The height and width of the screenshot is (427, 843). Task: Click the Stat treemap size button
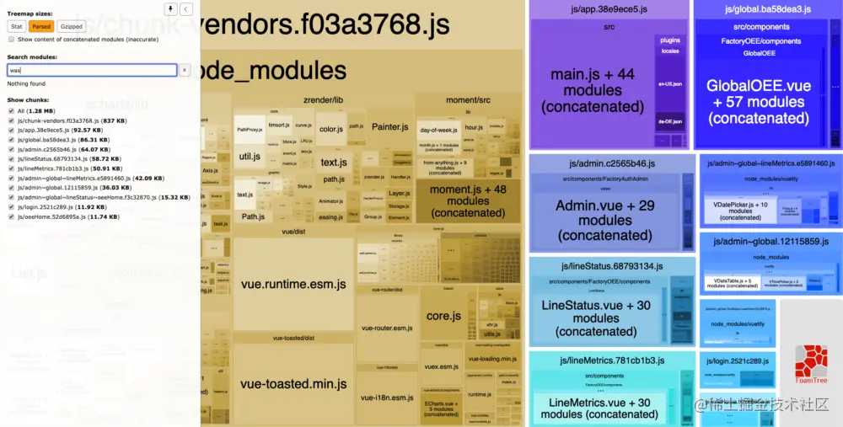(x=17, y=26)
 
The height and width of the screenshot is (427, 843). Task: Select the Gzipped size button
(x=72, y=26)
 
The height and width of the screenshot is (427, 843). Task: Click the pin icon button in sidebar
(x=171, y=9)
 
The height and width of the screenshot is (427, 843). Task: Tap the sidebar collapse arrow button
(x=186, y=9)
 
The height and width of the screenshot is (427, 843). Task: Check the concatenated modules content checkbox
(x=11, y=40)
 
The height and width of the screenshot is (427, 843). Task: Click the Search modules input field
(x=91, y=70)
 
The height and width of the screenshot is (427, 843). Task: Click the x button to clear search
(x=185, y=70)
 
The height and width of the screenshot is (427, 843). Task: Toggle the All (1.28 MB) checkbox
(x=11, y=111)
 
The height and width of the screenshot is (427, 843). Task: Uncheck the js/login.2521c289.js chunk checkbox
(x=11, y=206)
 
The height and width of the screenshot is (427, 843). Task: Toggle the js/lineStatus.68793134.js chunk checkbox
(x=11, y=158)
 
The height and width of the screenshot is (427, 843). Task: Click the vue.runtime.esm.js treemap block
(x=293, y=285)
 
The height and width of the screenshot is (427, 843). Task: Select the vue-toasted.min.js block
(x=293, y=383)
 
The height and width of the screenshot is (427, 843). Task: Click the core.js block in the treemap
(x=443, y=316)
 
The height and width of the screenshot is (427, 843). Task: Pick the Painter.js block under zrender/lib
(x=389, y=126)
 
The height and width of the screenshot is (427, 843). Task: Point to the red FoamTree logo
(x=811, y=362)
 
